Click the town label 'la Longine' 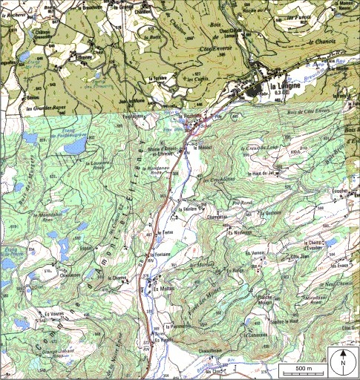(x=287, y=87)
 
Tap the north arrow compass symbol (x=342, y=361)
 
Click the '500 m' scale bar (x=303, y=369)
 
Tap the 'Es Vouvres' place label (x=53, y=314)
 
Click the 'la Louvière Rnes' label (x=99, y=164)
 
